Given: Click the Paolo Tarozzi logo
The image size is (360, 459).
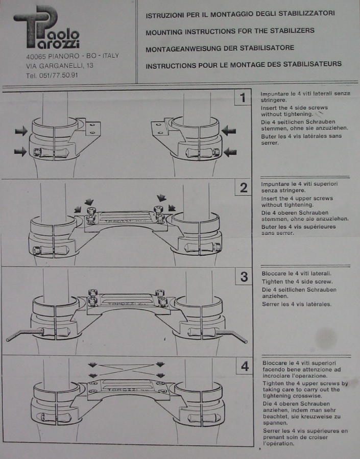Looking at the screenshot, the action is (x=46, y=27).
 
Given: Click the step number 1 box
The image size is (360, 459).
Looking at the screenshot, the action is (x=243, y=97).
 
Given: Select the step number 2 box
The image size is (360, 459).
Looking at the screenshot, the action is (x=243, y=187).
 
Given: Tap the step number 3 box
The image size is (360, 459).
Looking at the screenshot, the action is (x=244, y=277).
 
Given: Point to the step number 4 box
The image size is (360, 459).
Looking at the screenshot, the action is (x=245, y=366).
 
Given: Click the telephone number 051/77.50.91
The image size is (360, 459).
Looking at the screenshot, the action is (x=52, y=76).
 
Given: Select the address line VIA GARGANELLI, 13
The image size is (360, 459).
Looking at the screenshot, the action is (x=60, y=65).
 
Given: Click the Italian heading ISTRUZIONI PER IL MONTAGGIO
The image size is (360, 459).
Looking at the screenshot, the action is (x=240, y=14).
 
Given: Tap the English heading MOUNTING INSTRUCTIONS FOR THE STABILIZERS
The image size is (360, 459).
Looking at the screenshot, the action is (x=230, y=31).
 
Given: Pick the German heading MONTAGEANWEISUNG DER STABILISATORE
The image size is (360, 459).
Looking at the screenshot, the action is (x=220, y=48).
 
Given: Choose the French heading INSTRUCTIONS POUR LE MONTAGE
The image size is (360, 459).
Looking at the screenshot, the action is (x=244, y=64).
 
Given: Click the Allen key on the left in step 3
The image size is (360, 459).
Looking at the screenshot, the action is (x=24, y=334).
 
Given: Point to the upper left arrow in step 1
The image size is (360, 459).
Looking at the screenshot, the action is (x=21, y=131).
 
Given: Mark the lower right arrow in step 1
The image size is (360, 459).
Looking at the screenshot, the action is (x=230, y=152).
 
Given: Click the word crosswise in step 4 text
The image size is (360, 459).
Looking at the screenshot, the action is (x=309, y=396).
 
